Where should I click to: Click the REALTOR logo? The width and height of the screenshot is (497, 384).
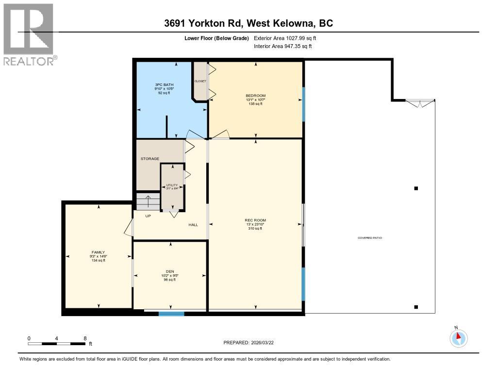tap(29, 34)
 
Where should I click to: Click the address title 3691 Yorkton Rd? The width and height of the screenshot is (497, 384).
tap(248, 23)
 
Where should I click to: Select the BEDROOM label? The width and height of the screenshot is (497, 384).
tap(255, 95)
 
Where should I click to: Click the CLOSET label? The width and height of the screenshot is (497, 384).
tap(200, 81)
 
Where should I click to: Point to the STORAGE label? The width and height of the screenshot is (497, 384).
tap(150, 159)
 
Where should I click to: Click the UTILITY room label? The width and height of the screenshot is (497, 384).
tap(172, 185)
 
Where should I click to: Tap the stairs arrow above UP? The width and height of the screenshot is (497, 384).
tap(148, 201)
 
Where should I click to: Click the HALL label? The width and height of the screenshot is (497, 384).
tap(193, 225)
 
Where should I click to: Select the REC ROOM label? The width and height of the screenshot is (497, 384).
tap(255, 220)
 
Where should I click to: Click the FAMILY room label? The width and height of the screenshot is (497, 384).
tap(98, 252)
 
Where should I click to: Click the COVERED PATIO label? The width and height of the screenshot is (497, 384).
tap(370, 238)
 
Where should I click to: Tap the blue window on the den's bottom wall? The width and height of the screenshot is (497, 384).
tap(171, 314)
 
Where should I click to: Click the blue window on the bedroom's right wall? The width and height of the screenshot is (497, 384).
tap(304, 104)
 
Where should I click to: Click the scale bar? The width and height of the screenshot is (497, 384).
tap(57, 344)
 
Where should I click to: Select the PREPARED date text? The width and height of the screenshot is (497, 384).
tap(251, 342)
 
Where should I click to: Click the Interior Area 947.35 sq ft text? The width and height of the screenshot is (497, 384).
tap(283, 46)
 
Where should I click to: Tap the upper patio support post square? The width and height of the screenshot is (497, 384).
tap(415, 188)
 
